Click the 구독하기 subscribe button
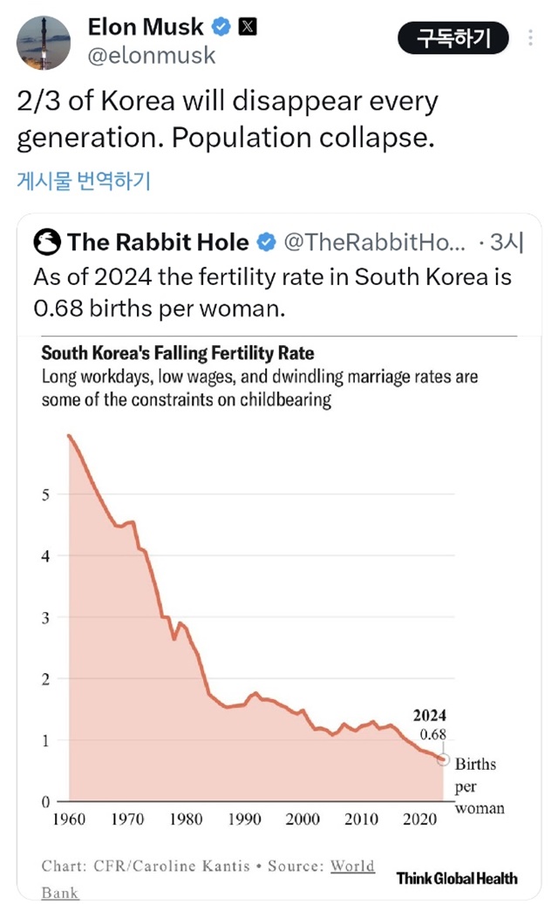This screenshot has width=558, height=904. tap(453, 38)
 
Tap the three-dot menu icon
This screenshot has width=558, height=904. tap(532, 38)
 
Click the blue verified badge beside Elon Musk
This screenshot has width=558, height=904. tap(221, 27)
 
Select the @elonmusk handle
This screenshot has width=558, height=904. tap(152, 55)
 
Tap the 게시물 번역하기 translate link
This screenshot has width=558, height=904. tap(84, 181)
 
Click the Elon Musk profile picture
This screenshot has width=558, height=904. tap(44, 42)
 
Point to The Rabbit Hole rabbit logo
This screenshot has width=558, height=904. tap(46, 241)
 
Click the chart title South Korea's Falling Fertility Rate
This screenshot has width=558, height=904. tap(178, 354)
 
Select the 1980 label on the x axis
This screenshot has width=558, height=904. tap(186, 820)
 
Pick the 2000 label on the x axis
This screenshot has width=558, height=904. tap(303, 820)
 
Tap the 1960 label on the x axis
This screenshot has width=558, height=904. tap(68, 820)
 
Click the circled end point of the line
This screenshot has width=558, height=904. tap(443, 759)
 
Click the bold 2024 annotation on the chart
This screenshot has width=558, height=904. tap(429, 717)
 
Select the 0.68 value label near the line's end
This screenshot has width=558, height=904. tap(432, 735)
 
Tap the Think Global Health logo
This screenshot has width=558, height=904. tap(457, 878)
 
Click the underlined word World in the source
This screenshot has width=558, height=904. tap(353, 866)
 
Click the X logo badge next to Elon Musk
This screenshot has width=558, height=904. tap(248, 27)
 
